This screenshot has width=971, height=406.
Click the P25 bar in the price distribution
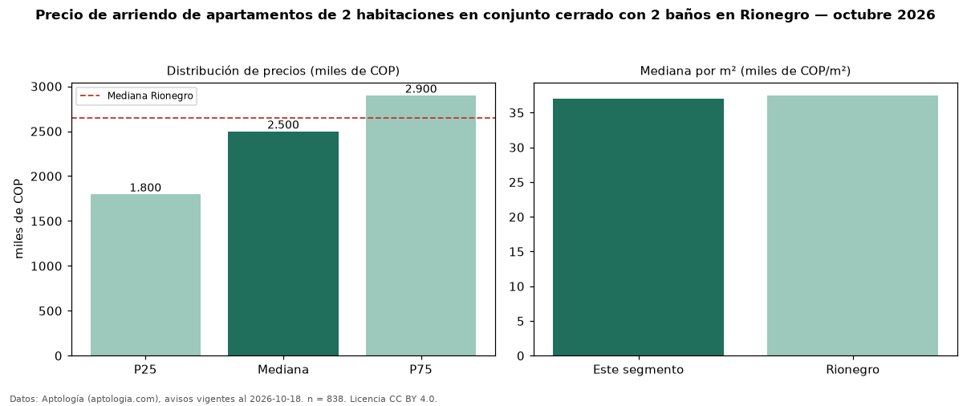[146, 275]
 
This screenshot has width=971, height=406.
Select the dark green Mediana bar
[283, 244]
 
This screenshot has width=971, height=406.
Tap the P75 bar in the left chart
[421, 225]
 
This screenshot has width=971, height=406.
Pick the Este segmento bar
[638, 228]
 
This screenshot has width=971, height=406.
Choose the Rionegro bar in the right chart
[853, 225]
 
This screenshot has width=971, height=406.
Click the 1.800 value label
[146, 188]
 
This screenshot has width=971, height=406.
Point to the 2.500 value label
[283, 125]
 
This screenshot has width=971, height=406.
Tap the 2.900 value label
[421, 89]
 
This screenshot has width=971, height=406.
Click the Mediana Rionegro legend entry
[136, 95]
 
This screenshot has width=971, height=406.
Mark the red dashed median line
[283, 118]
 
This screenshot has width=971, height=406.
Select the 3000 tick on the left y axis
[47, 87]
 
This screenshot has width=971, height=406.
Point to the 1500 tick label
[47, 221]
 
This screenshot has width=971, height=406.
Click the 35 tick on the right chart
[517, 113]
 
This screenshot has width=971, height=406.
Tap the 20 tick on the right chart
[517, 217]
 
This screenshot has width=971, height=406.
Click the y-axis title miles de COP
[18, 219]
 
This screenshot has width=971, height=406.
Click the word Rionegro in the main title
[774, 15]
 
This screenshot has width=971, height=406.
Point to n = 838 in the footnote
[326, 399]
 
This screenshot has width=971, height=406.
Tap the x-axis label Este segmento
[638, 370]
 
